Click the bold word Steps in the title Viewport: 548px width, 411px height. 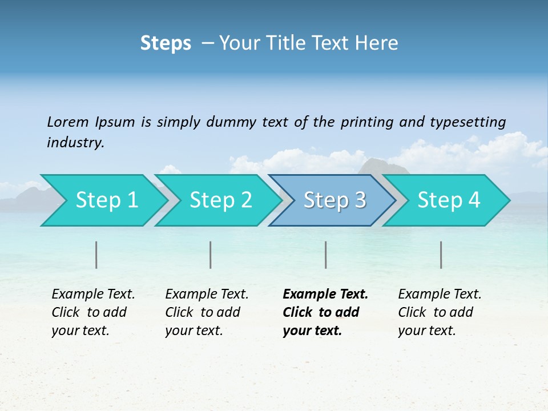coord(166,43)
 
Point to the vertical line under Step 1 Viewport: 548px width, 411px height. coord(96,255)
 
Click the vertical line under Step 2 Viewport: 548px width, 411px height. coord(211,255)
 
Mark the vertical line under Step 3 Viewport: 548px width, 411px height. coord(326,255)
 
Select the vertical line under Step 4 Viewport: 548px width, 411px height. coord(441,255)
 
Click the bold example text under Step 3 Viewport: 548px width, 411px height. coord(325,312)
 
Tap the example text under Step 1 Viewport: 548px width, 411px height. coord(93,312)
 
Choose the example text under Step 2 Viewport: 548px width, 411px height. coord(207,312)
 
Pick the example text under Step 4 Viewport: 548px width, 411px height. coord(440,312)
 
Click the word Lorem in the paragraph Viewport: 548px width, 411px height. coord(68,122)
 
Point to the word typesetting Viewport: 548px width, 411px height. coord(467,122)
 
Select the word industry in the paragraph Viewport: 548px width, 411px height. coord(75,143)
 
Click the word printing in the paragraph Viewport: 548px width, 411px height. coord(358,122)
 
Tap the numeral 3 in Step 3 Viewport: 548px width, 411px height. coord(360,200)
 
